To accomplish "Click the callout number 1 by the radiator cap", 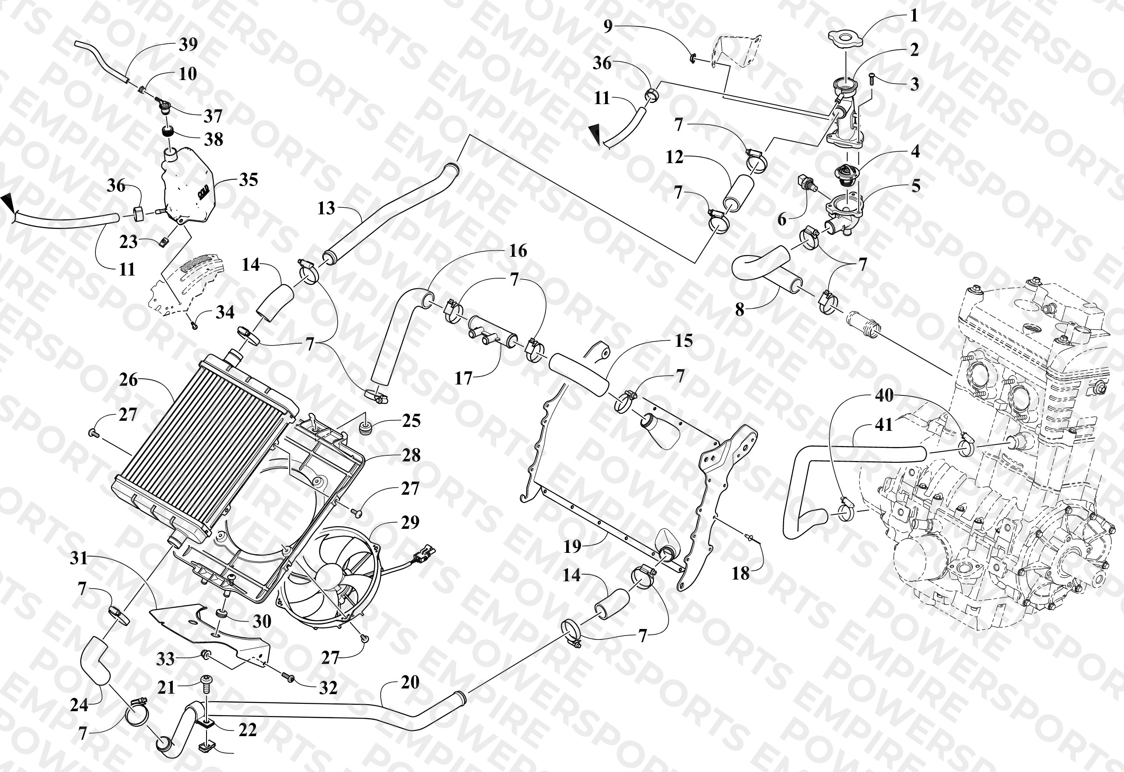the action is click(914, 15).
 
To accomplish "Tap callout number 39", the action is click(188, 44).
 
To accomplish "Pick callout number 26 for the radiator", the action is click(129, 380).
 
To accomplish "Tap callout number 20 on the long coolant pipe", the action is click(410, 682).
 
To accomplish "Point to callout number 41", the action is click(883, 425).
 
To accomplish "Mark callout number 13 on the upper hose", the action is click(326, 208).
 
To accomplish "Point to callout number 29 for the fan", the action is click(410, 522).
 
